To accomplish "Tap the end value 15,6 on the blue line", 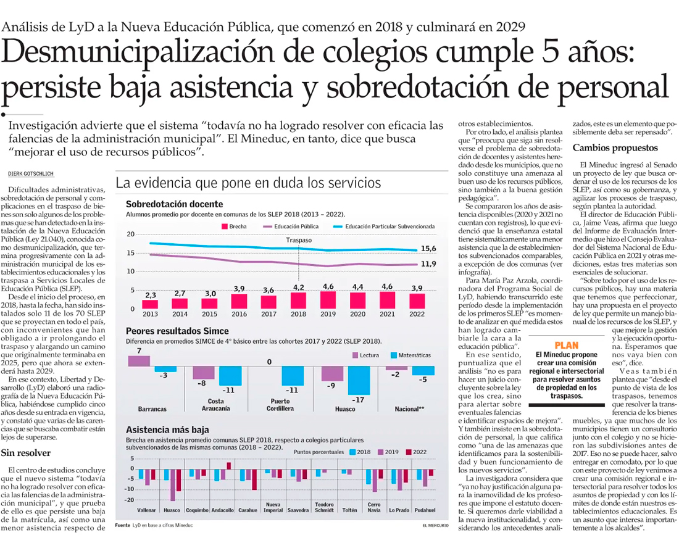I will click(x=429, y=248).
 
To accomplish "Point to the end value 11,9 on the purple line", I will click(x=429, y=264).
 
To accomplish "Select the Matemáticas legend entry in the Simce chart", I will click(x=411, y=355).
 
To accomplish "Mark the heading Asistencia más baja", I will click(x=167, y=429).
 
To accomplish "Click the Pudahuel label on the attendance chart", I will click(x=425, y=510).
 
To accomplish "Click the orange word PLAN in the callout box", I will click(x=566, y=345).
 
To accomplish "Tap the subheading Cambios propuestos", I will click(x=615, y=148).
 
